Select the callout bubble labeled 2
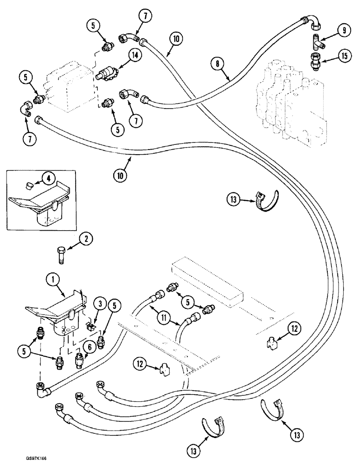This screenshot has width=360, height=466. point(85,240)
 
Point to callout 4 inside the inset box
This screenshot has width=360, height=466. point(47,177)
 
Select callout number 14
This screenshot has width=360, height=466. point(135,56)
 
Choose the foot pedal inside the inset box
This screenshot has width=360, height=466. point(40,201)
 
